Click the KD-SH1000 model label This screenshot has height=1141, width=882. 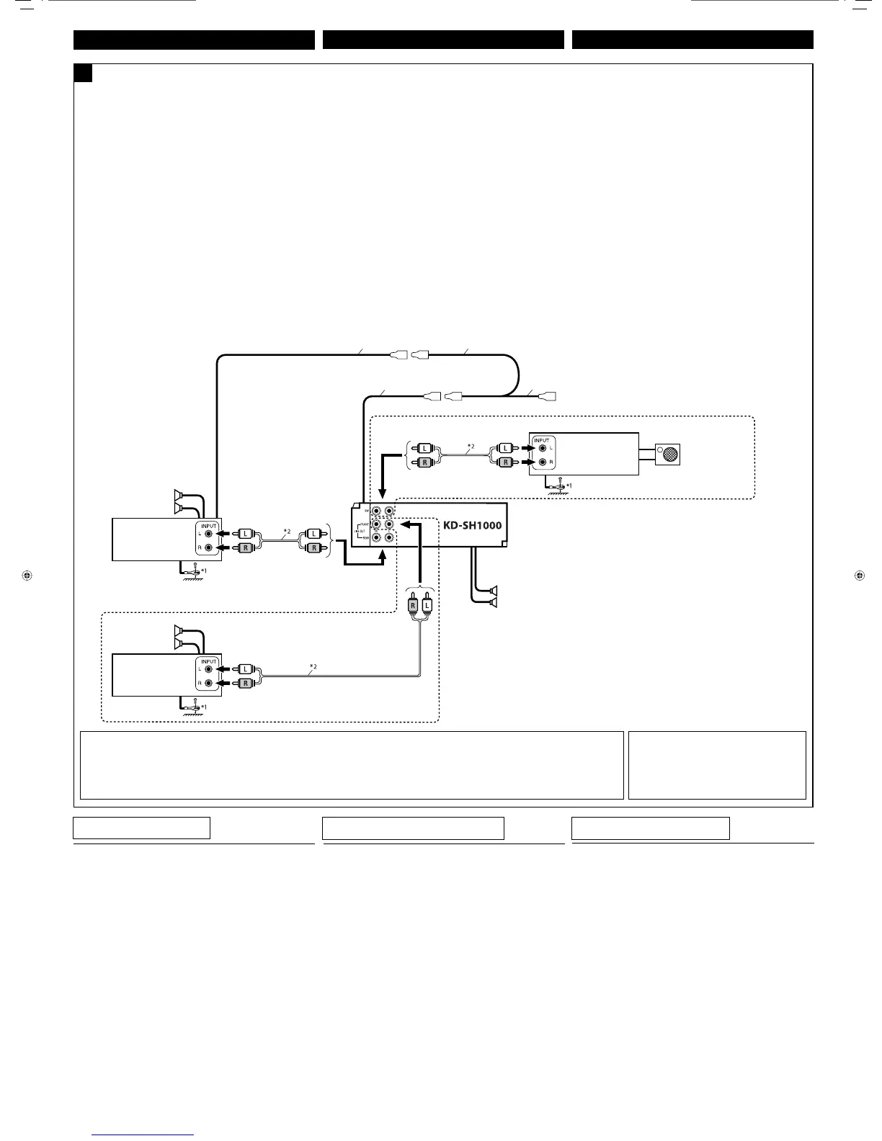coord(472,524)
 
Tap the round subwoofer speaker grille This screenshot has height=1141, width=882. coord(669,454)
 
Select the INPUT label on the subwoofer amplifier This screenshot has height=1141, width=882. coord(541,440)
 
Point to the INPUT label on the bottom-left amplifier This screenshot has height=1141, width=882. coord(208,661)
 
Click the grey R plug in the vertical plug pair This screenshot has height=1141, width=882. coord(414,606)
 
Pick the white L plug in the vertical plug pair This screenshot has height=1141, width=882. coord(427,606)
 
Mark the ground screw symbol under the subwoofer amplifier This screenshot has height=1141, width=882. coord(557,486)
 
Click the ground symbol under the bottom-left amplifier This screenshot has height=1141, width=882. coord(192,707)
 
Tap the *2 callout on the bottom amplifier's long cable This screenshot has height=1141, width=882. coord(313,665)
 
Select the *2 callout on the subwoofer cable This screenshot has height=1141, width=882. coord(471,447)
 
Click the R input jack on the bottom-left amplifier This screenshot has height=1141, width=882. coord(209,683)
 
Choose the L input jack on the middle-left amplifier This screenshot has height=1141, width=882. coord(209,534)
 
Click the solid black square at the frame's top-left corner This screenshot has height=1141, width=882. coord(83,73)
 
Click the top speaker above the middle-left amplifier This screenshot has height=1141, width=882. coord(178,494)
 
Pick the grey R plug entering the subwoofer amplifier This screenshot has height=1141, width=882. coord(506,462)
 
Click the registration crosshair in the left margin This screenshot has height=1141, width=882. coord(26,576)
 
